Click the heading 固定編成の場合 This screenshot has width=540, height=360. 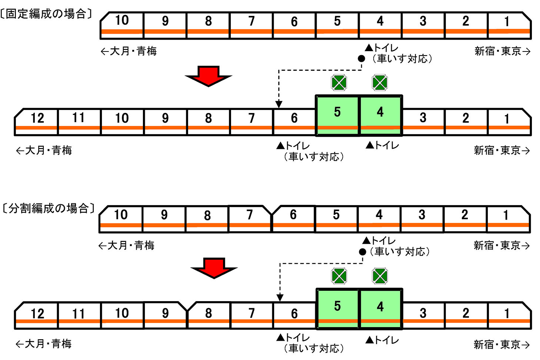click(46, 14)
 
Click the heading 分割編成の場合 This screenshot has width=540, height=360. click(49, 208)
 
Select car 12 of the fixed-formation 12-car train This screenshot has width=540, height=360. click(36, 122)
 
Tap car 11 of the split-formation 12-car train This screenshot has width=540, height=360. click(79, 315)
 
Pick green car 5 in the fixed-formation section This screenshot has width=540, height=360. click(337, 115)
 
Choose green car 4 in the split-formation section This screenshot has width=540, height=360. click(380, 309)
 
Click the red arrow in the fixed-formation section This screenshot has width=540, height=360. click(209, 76)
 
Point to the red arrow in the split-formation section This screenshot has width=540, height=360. click(214, 268)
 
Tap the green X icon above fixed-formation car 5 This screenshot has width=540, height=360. click(339, 83)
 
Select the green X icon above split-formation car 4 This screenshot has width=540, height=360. click(380, 276)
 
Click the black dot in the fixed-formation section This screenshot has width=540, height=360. click(361, 59)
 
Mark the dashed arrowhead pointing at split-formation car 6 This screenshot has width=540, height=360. click(280, 298)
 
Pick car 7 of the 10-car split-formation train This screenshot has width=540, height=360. click(250, 219)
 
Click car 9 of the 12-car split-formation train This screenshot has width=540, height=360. click(166, 315)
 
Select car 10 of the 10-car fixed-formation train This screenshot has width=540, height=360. click(122, 25)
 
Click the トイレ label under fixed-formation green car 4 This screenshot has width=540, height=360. click(382, 146)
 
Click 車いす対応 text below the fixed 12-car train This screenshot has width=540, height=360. click(314, 157)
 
